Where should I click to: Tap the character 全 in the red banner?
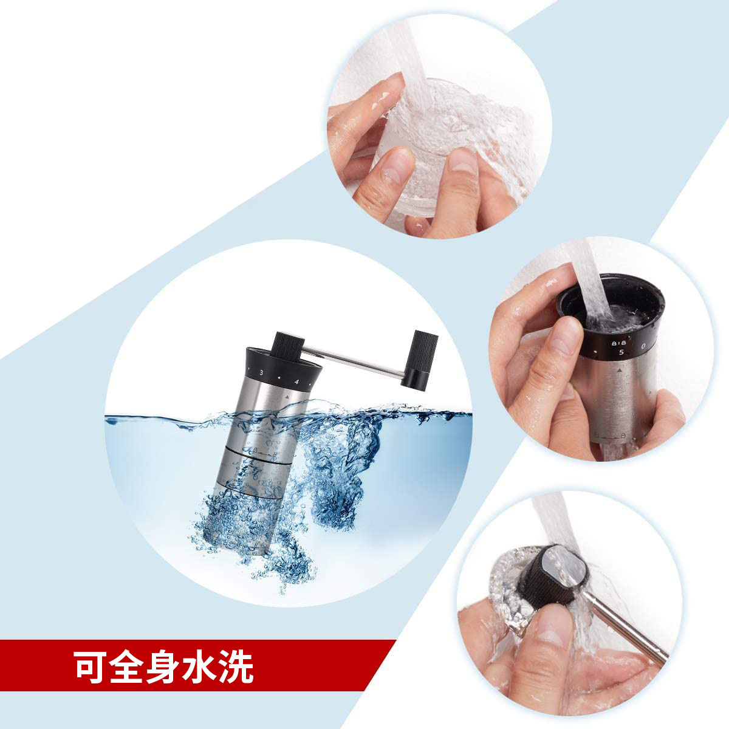click(x=127, y=668)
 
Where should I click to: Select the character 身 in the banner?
click(x=163, y=668)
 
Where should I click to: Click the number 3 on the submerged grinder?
click(x=261, y=372)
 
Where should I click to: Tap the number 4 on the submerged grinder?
click(x=296, y=382)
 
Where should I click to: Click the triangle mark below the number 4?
click(x=286, y=395)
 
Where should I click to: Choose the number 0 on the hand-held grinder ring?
click(x=643, y=347)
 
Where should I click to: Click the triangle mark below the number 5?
click(x=618, y=369)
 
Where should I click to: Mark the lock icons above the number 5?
click(x=617, y=341)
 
